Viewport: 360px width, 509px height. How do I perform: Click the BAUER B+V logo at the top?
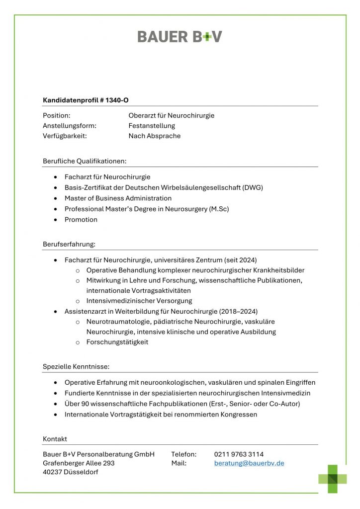pos(180,36)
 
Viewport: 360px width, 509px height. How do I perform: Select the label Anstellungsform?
pos(70,126)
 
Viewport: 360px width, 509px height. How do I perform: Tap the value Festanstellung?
pos(152,126)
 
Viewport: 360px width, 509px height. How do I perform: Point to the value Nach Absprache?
pos(155,136)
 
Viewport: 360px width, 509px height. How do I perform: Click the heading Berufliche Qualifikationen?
pos(85,161)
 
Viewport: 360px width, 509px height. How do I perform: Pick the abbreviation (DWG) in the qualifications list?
pos(253,187)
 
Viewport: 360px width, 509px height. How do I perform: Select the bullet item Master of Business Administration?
pos(118,198)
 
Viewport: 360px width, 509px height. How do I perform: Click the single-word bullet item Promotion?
pos(81,219)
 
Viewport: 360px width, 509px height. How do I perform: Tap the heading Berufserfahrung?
pos(69,244)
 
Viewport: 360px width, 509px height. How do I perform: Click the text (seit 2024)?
pos(241,259)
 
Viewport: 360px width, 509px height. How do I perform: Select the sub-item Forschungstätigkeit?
pos(117,342)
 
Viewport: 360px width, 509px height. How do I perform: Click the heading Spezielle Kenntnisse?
pos(76,367)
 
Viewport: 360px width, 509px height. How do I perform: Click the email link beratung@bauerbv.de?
pos(249,463)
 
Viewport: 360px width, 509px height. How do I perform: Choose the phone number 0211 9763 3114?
pos(239,454)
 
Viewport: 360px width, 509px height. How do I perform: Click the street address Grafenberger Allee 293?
pos(79,463)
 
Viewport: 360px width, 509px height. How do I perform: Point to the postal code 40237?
pos(53,472)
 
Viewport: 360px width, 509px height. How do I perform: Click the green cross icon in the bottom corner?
pos(333,478)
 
